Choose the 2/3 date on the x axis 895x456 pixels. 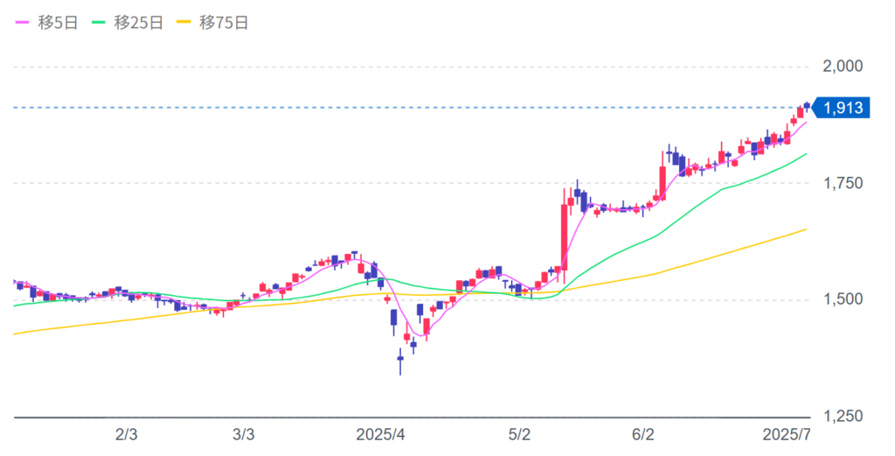(x=127, y=435)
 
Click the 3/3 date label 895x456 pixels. (x=245, y=435)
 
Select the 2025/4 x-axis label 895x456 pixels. (x=382, y=435)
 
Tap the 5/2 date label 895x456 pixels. (x=520, y=435)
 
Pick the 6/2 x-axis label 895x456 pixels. (x=643, y=435)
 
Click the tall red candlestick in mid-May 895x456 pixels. (x=564, y=237)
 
